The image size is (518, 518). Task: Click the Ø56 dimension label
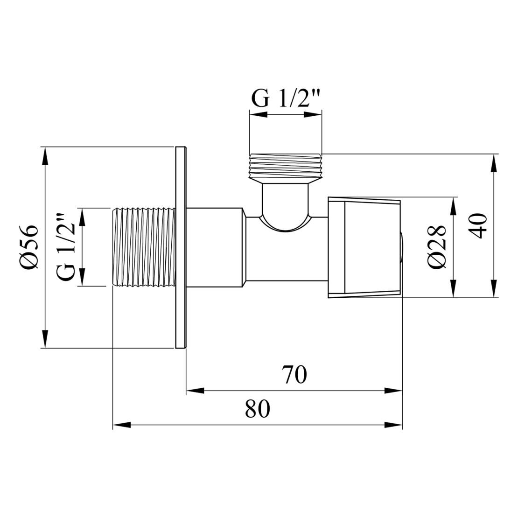pyautogui.click(x=28, y=248)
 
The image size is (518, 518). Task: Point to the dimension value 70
pyautogui.click(x=294, y=375)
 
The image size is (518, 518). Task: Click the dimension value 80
pyautogui.click(x=257, y=409)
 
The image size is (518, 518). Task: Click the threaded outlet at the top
pyautogui.click(x=286, y=166)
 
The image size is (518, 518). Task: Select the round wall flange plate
pyautogui.click(x=181, y=248)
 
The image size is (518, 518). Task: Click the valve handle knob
pyautogui.click(x=364, y=248)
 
